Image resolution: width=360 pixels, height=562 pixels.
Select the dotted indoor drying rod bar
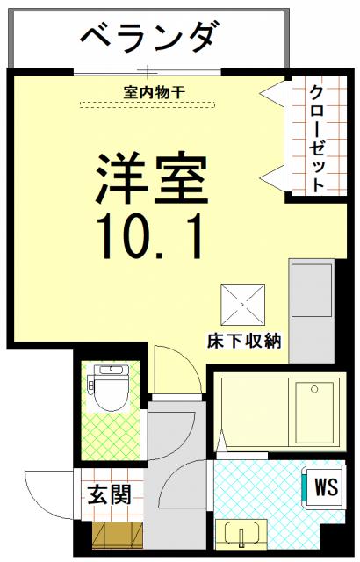click(x=148, y=104)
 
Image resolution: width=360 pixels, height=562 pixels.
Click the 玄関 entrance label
click(x=109, y=494)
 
